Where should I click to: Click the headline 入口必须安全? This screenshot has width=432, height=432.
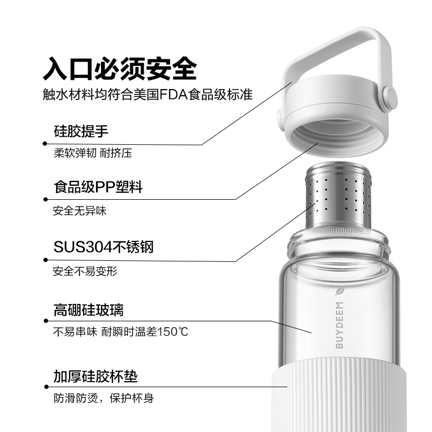(120, 69)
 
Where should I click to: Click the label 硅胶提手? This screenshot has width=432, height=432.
(81, 131)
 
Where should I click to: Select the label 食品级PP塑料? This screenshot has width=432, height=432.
(98, 187)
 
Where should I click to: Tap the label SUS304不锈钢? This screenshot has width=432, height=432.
(103, 247)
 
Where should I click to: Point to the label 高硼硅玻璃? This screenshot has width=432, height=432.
(89, 310)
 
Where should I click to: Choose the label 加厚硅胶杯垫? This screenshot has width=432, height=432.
(96, 376)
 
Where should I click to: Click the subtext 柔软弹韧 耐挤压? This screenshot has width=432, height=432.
(93, 153)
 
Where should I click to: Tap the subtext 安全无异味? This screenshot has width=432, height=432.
(79, 211)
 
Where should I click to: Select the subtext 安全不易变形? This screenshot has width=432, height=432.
(85, 272)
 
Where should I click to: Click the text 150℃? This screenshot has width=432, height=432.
(173, 332)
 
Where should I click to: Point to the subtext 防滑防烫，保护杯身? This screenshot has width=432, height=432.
(104, 398)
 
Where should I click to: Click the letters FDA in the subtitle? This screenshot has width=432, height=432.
(173, 95)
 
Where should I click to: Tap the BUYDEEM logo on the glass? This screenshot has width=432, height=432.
(340, 325)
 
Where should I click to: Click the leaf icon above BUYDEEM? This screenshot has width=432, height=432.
(340, 291)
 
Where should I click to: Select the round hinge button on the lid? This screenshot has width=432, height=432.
(390, 97)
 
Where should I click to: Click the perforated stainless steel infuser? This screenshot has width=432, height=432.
(339, 197)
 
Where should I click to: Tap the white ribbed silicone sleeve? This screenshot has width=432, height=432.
(339, 394)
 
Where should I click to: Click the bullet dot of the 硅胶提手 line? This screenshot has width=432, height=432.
(45, 144)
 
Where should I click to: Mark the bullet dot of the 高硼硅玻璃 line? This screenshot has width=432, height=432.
(46, 321)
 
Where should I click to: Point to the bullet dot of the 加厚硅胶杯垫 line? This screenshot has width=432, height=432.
(46, 387)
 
